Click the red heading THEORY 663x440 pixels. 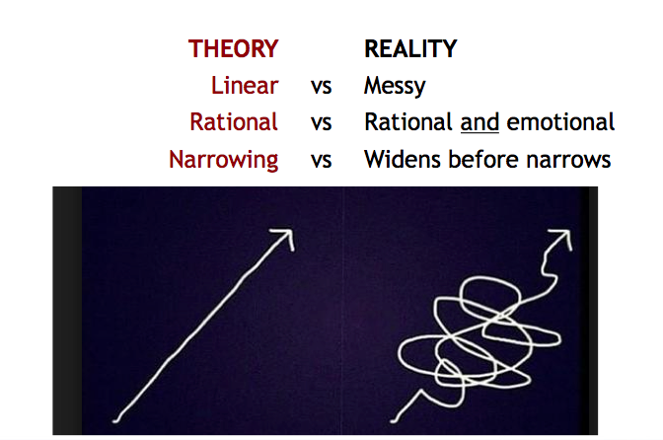(234, 48)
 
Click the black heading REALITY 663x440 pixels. (410, 48)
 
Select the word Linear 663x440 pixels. (245, 86)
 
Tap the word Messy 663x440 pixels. (395, 87)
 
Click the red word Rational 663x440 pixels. (234, 122)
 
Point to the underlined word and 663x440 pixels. (479, 122)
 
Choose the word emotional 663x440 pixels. (560, 122)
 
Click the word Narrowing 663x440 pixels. (224, 160)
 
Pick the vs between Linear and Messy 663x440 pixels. (321, 87)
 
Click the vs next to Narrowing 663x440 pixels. (321, 161)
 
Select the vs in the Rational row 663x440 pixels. (321, 124)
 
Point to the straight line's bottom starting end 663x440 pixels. (115, 420)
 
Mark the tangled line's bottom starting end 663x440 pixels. (393, 420)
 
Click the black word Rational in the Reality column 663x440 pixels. (408, 122)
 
